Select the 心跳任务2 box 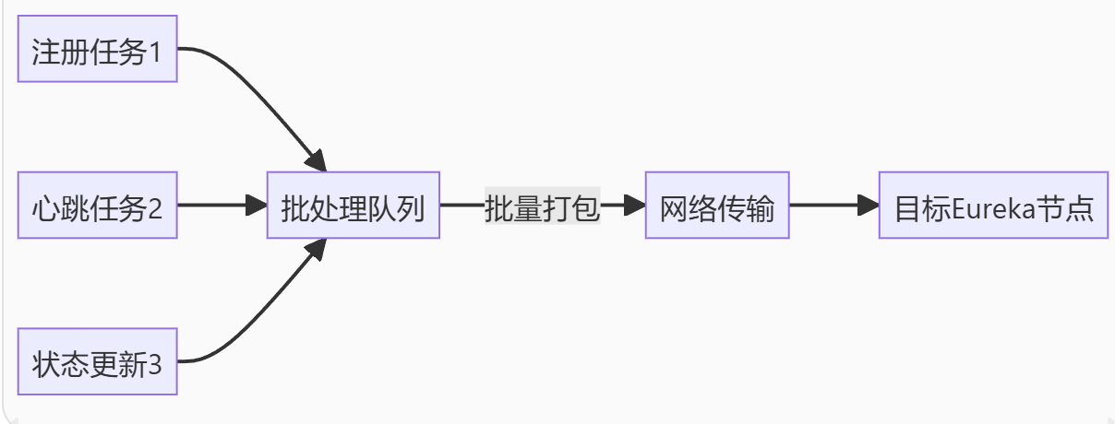click(x=97, y=205)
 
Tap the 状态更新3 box click(x=97, y=361)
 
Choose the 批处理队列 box click(x=353, y=205)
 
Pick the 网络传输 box click(x=716, y=205)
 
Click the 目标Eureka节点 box click(x=992, y=205)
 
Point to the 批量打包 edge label click(x=542, y=205)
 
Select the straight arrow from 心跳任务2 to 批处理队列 click(x=217, y=205)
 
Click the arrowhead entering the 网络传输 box click(x=634, y=205)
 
